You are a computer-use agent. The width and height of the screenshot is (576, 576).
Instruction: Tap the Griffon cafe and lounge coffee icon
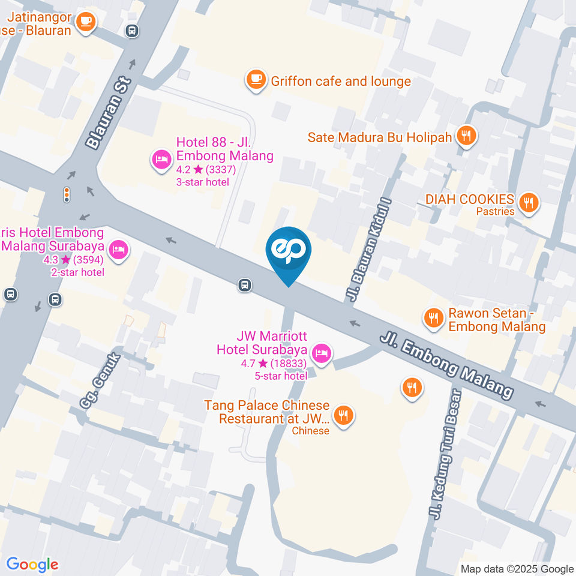click(256, 80)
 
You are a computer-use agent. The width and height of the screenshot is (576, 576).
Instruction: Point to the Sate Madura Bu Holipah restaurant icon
click(466, 136)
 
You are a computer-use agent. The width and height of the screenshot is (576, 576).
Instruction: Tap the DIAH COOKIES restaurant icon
click(529, 203)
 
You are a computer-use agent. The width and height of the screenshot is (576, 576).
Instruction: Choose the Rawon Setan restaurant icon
click(433, 318)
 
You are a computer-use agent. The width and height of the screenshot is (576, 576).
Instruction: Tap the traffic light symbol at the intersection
click(67, 194)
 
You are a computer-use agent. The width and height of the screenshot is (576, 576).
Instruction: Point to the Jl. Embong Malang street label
click(447, 366)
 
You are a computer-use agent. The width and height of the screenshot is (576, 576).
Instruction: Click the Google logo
click(32, 564)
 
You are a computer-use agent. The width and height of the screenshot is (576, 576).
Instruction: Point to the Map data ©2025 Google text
click(517, 569)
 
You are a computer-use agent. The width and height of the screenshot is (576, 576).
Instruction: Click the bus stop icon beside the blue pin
click(244, 285)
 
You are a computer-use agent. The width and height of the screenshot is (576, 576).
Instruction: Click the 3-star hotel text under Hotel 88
click(202, 182)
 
